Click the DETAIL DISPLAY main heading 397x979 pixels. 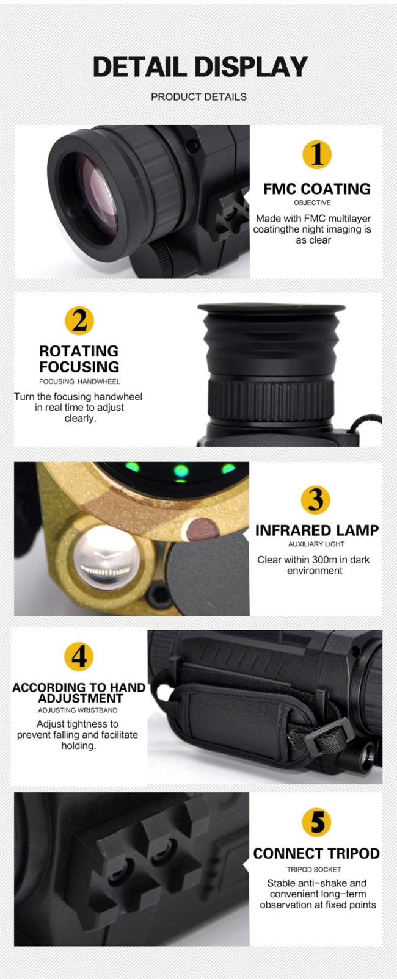pyautogui.click(x=200, y=67)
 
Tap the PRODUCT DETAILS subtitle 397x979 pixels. pyautogui.click(x=198, y=97)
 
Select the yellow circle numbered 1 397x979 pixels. pyautogui.click(x=317, y=154)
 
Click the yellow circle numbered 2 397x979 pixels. pyautogui.click(x=79, y=320)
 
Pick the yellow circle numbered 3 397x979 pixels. pyautogui.click(x=315, y=499)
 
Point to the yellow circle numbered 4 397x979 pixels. pyautogui.click(x=79, y=657)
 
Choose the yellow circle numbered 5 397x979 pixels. pyautogui.click(x=316, y=822)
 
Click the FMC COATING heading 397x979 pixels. pyautogui.click(x=316, y=189)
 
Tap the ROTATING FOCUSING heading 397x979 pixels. pyautogui.click(x=79, y=359)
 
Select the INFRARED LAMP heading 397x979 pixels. pyautogui.click(x=317, y=530)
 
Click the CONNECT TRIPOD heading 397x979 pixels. pyautogui.click(x=316, y=853)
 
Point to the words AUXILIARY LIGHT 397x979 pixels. pyautogui.click(x=316, y=544)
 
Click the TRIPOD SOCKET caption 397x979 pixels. pyautogui.click(x=314, y=869)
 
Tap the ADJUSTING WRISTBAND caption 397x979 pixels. pyautogui.click(x=78, y=710)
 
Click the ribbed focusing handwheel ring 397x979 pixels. pyautogui.click(x=271, y=400)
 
